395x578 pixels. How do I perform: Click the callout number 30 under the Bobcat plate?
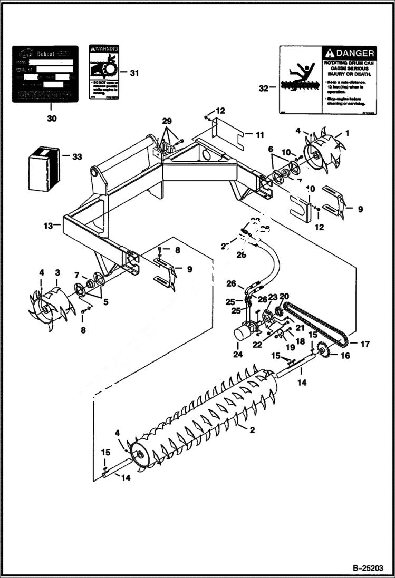coord(51,119)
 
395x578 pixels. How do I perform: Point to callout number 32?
coord(264,89)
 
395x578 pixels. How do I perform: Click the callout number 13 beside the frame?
coord(47,226)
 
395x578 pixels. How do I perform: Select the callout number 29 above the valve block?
coord(167,122)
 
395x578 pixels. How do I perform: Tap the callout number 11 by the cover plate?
coord(259,135)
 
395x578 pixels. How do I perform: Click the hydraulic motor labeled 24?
coord(244,332)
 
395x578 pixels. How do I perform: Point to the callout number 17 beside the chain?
coord(365,344)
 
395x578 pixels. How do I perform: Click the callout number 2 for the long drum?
coord(252,430)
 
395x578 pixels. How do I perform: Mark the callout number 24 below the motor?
coord(238,355)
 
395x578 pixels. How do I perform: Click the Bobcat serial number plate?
coord(45,74)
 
